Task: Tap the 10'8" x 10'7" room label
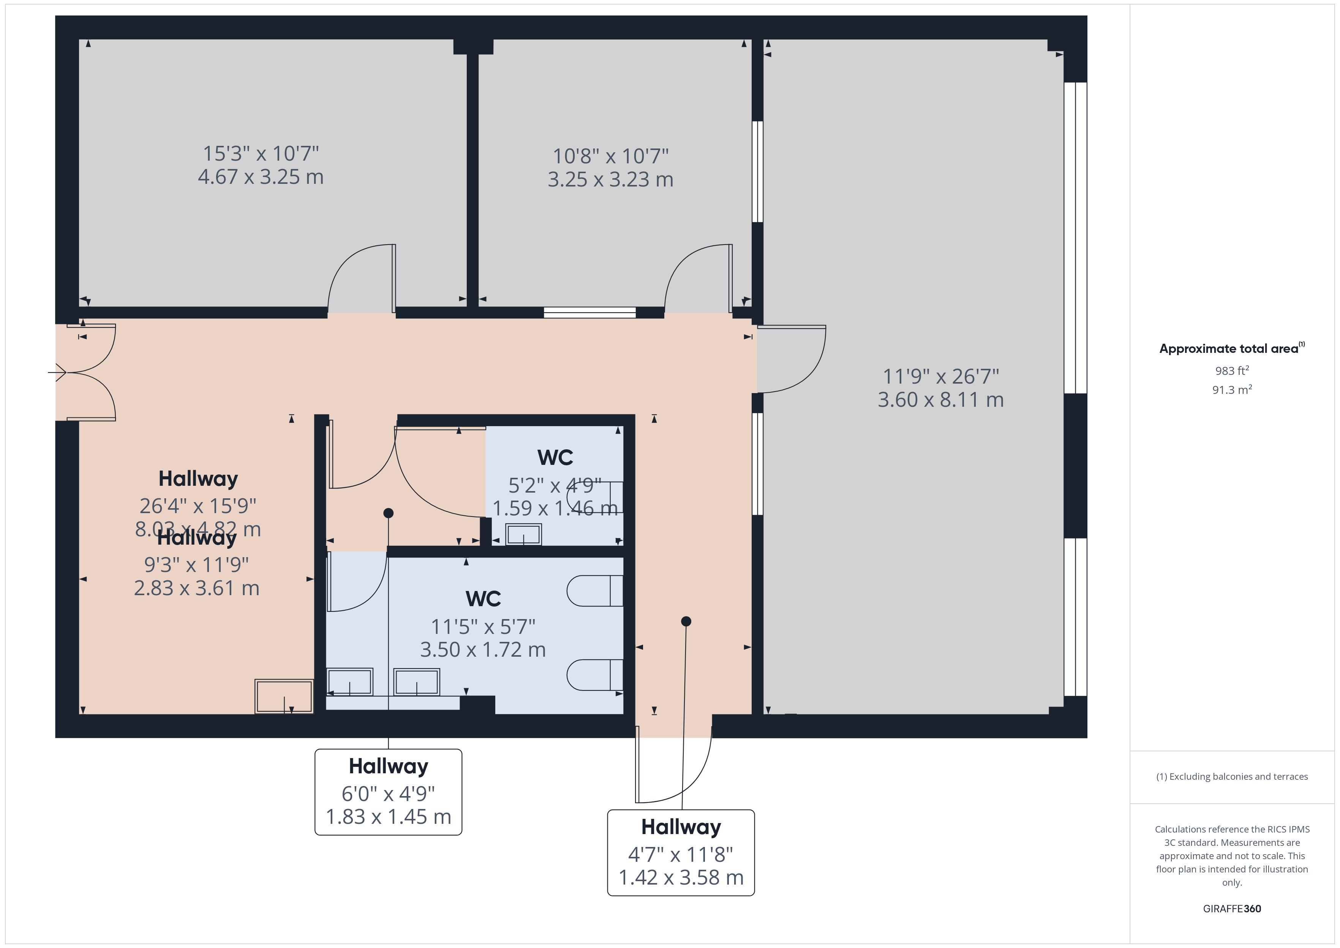coord(610,156)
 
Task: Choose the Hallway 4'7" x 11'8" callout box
coord(681,853)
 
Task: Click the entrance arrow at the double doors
coord(57,372)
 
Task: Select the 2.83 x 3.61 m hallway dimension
coord(197,588)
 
